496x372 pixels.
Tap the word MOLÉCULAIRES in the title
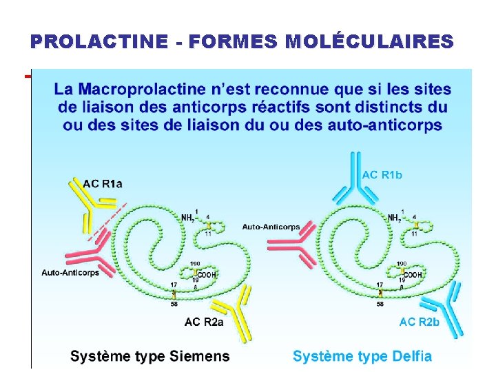(x=369, y=42)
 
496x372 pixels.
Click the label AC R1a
(x=103, y=183)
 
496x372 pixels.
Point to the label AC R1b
(x=382, y=175)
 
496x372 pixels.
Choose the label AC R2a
(x=204, y=322)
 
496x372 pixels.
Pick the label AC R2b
(x=419, y=322)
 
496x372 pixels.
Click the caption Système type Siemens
(x=150, y=356)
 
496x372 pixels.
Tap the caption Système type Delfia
(x=362, y=356)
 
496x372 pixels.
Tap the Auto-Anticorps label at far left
(x=70, y=273)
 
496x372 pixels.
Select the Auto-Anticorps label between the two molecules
(x=271, y=227)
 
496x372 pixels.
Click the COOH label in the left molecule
(x=208, y=274)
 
